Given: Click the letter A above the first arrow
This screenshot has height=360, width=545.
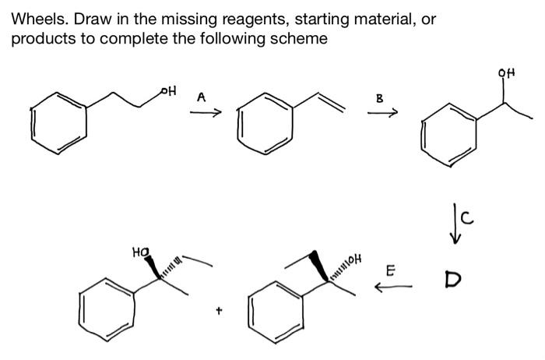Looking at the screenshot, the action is [201, 97].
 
